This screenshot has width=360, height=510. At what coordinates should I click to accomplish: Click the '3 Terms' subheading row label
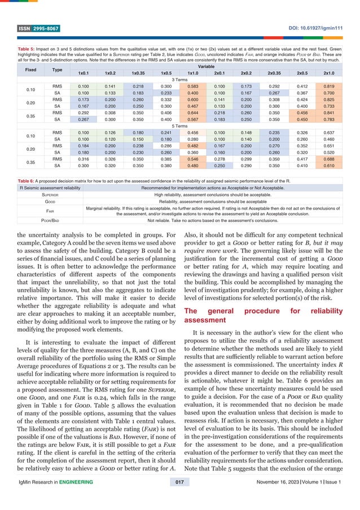point(180,80)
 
